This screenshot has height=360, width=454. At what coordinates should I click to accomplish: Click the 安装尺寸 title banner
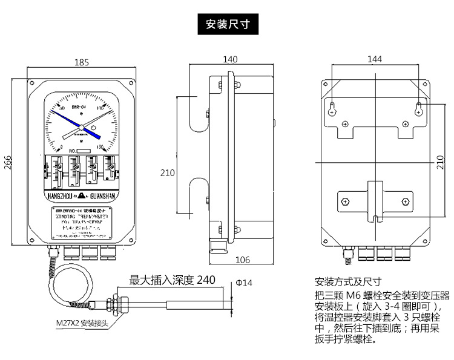(x=227, y=25)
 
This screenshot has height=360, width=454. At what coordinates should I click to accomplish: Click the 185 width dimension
(x=82, y=62)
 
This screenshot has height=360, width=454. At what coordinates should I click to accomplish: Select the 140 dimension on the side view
(x=230, y=59)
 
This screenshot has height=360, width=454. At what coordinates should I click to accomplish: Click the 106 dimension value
(x=242, y=261)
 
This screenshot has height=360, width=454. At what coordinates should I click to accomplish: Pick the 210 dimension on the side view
(x=167, y=172)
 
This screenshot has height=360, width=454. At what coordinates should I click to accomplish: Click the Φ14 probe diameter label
(x=243, y=283)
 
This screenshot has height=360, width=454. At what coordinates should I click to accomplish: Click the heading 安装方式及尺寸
(x=347, y=283)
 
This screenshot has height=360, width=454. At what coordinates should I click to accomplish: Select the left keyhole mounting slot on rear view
(x=332, y=109)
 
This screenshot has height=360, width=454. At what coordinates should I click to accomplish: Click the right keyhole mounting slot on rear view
(x=419, y=109)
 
